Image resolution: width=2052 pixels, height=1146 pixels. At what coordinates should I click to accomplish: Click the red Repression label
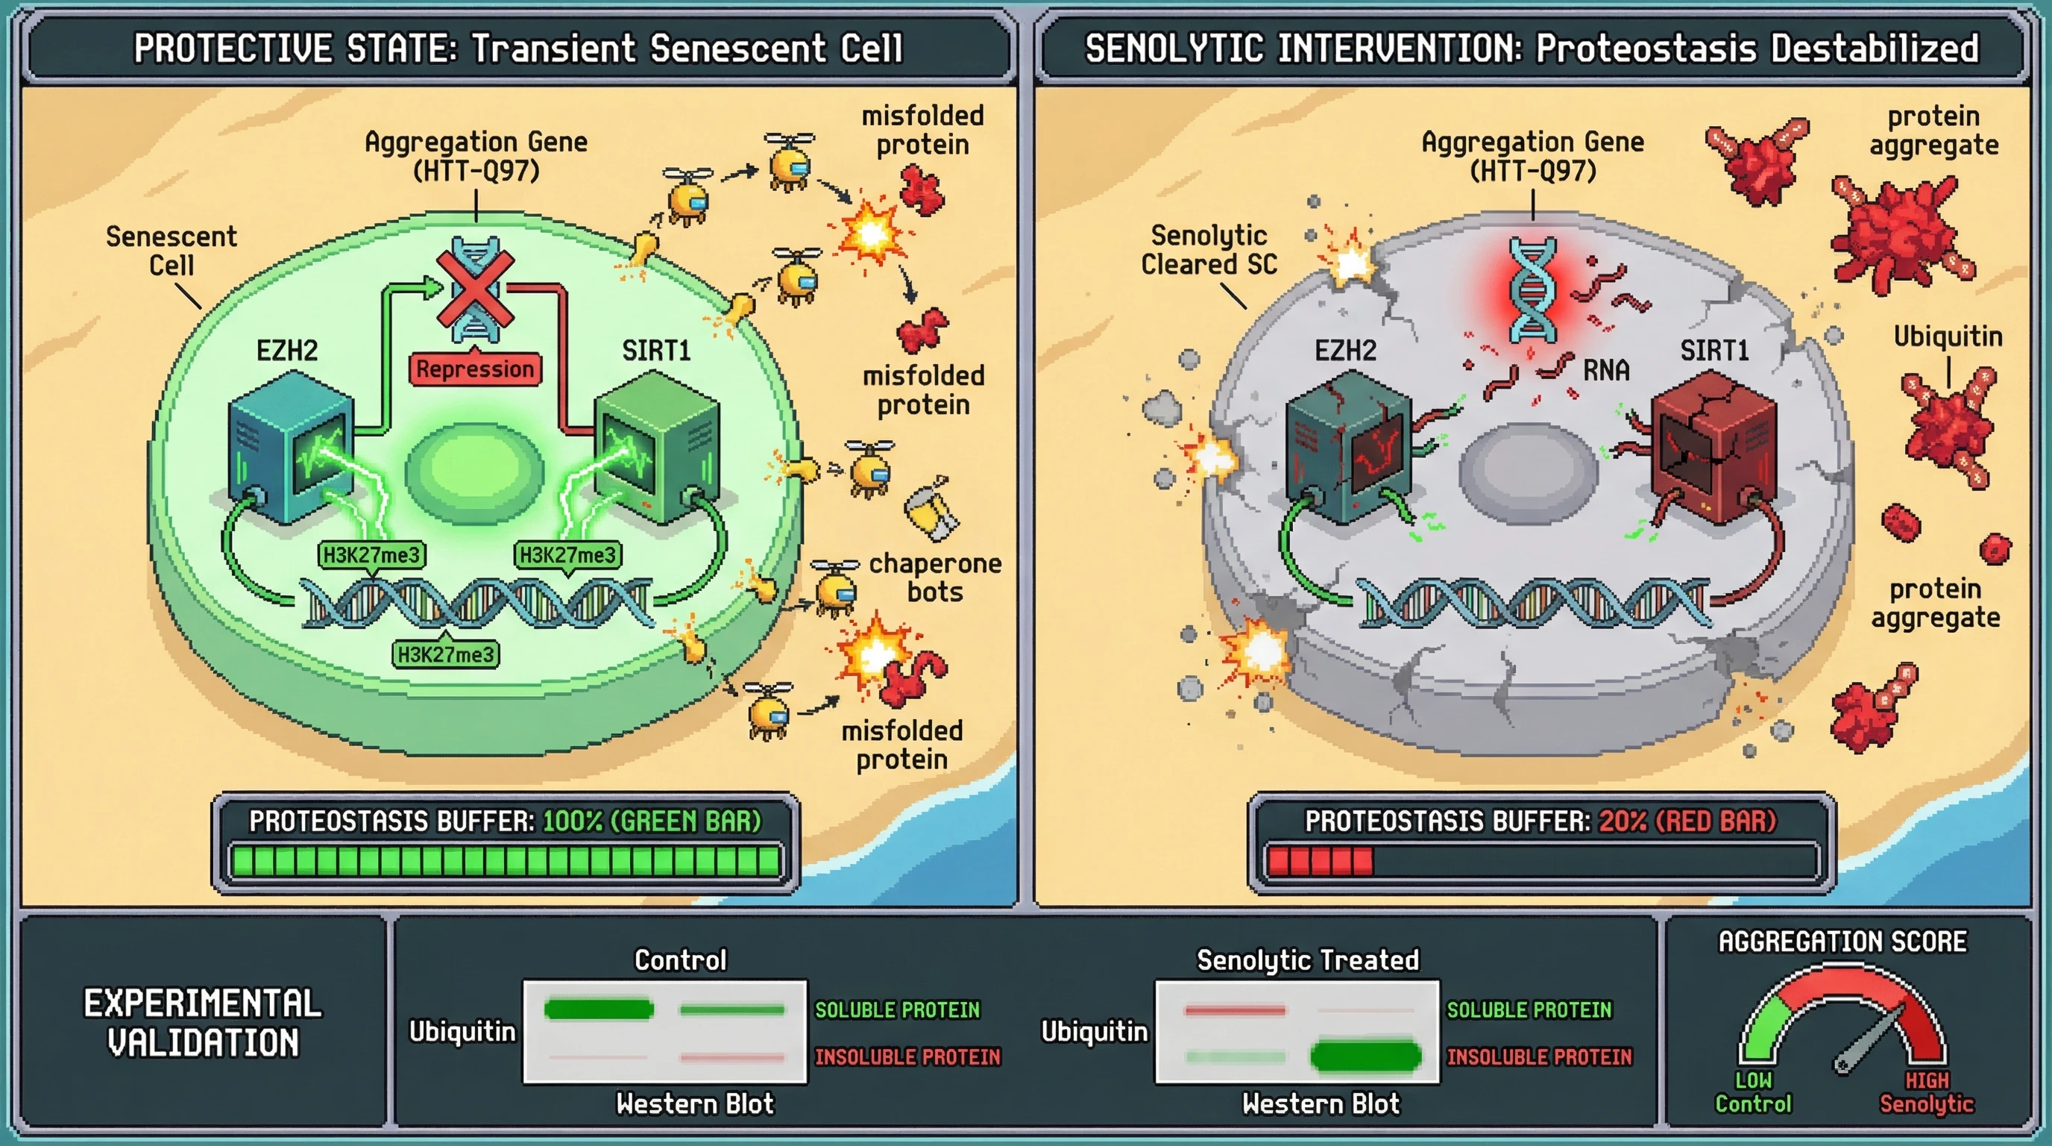[475, 369]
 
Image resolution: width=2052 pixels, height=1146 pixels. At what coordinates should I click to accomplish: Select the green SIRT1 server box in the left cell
[656, 451]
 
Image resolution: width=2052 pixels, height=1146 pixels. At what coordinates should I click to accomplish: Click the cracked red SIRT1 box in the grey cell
[1713, 451]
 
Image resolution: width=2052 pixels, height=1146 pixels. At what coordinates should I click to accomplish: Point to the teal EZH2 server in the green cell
[291, 451]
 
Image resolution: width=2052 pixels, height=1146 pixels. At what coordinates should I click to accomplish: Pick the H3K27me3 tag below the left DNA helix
[446, 654]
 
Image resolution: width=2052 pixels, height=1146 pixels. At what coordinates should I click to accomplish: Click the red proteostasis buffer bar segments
[1320, 862]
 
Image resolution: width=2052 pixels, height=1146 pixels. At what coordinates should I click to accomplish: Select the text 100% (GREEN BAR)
[652, 821]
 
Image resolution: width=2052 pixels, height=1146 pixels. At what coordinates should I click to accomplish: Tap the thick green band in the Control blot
[599, 1009]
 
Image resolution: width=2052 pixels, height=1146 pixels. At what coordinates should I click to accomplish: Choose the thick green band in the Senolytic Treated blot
[1365, 1056]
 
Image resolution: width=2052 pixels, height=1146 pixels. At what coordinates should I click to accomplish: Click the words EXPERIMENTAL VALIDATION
[203, 1022]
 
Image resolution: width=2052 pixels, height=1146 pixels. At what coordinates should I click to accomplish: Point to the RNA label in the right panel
[1606, 370]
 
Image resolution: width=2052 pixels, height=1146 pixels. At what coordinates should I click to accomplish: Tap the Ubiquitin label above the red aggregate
[1948, 336]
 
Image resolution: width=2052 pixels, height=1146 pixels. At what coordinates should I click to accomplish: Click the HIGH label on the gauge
[1927, 1080]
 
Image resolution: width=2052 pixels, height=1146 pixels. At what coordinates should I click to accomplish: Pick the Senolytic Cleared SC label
[1209, 249]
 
